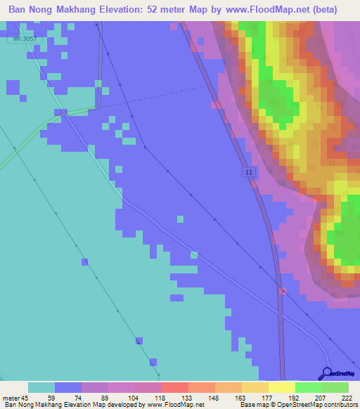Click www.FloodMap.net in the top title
pyautogui.click(x=263, y=10)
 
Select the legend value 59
pyautogui.click(x=51, y=397)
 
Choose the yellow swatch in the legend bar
pyautogui.click(x=281, y=387)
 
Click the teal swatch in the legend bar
pyautogui.click(x=41, y=387)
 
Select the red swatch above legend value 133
pyautogui.click(x=174, y=387)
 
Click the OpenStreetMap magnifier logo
pyautogui.click(x=326, y=373)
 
